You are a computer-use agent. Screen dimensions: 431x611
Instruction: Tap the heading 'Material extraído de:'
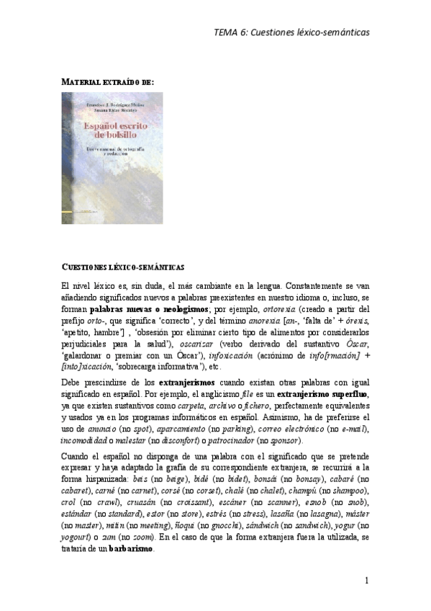107,83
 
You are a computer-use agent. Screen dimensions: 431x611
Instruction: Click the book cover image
112,158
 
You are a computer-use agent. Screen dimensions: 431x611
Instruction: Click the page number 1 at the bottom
366,581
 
